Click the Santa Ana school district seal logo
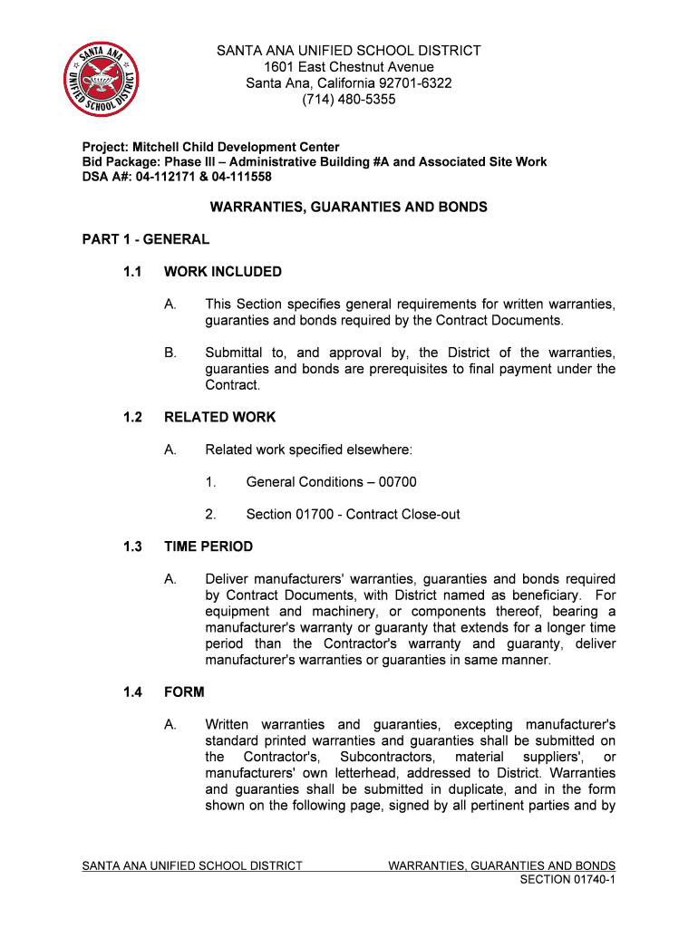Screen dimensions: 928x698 [x=102, y=80]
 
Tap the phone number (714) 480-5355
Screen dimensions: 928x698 [x=349, y=100]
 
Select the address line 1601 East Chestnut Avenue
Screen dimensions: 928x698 [x=349, y=67]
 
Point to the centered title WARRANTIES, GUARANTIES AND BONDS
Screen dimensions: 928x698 [x=349, y=208]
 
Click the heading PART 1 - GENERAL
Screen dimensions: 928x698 [x=146, y=239]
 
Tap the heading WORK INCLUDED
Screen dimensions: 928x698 [x=223, y=272]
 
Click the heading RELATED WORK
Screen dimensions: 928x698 [x=220, y=417]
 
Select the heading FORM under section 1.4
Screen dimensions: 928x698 [x=184, y=691]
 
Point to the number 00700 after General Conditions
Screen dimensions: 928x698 [x=398, y=482]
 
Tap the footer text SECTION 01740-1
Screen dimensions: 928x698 [x=568, y=880]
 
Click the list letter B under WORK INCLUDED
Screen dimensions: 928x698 [x=170, y=353]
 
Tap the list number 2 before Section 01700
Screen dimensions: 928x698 [x=210, y=515]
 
